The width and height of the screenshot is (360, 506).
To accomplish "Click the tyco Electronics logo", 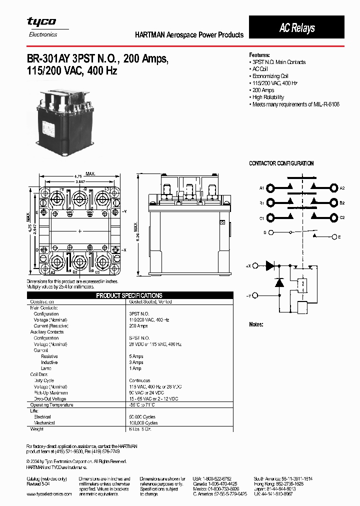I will (x=41, y=26).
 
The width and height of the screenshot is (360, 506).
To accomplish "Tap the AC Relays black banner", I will (x=296, y=28).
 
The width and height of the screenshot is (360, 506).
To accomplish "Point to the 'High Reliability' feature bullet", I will (x=268, y=97).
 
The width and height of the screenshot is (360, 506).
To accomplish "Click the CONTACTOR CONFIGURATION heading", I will (x=281, y=163).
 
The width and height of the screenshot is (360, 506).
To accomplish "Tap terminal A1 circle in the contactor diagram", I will (x=270, y=188).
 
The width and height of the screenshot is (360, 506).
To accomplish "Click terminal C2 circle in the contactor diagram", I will (x=333, y=217).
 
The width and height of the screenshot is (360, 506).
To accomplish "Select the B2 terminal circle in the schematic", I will (x=333, y=203).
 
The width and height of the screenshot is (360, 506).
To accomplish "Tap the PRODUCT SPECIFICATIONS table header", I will (x=129, y=295).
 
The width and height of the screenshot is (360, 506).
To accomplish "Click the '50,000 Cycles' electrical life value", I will (x=143, y=416).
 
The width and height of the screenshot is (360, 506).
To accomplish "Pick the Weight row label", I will (x=37, y=429).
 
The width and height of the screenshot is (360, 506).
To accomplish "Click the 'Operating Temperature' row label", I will (x=48, y=404).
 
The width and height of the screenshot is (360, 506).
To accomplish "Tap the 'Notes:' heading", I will (x=256, y=324).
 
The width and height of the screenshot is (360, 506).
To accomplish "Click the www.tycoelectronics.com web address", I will (x=49, y=494).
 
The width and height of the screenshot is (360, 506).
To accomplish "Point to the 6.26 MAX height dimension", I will (x=135, y=227).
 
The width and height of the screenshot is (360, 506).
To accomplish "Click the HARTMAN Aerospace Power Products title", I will (x=189, y=35).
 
